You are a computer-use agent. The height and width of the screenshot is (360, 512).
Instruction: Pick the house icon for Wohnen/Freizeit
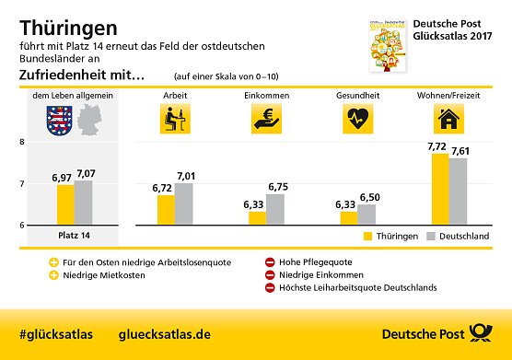448,118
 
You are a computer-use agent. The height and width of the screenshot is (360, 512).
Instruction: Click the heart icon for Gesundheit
358,118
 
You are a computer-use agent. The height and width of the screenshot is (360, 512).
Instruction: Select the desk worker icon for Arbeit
174,118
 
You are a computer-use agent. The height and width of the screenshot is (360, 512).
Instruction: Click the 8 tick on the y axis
21,142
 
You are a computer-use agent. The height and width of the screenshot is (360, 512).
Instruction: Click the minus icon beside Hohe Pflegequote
270,261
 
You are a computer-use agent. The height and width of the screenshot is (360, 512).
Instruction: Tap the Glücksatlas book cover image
388,43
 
